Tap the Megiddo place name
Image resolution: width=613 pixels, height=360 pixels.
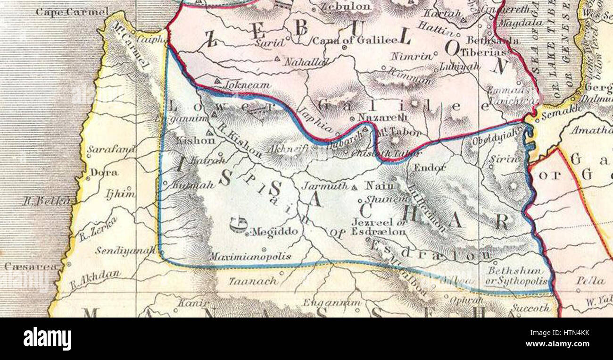tap(275, 232)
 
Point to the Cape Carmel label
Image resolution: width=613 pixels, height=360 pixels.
tap(72, 11)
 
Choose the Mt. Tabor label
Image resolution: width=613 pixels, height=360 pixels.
tap(398, 133)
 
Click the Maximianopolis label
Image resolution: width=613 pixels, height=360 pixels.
tap(250, 257)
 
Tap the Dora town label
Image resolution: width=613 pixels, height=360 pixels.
tap(104, 173)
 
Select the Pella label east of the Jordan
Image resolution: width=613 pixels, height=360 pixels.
tap(590, 280)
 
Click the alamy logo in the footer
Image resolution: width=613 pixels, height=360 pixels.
tap(47, 338)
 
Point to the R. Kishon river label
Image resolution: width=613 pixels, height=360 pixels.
tap(240, 144)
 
